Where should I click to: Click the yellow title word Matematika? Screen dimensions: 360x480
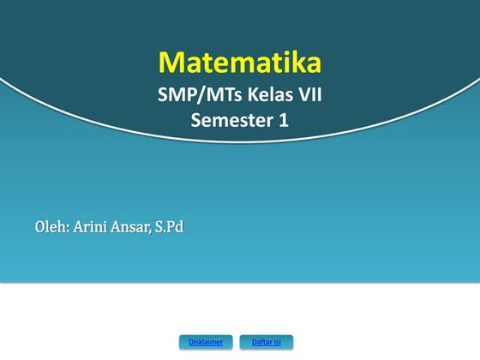[240, 63]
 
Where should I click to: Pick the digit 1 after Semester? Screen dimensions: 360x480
[284, 121]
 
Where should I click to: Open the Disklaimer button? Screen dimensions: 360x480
[206, 342]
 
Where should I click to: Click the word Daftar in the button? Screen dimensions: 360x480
[261, 342]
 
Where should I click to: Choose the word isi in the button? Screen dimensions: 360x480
[278, 342]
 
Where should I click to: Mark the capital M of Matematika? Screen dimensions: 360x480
[171, 63]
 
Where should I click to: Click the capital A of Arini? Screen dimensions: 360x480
[78, 227]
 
